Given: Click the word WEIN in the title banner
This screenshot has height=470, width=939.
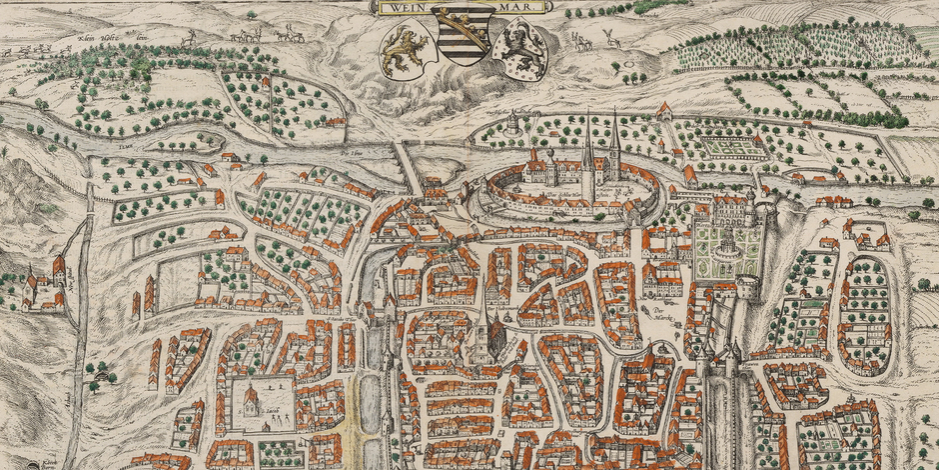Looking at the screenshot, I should [410, 7].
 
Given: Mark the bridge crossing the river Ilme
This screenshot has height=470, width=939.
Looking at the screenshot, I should [408, 166].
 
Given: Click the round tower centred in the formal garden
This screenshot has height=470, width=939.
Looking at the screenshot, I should [727, 240].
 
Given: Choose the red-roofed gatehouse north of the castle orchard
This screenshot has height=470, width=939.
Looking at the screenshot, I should [665, 110].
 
